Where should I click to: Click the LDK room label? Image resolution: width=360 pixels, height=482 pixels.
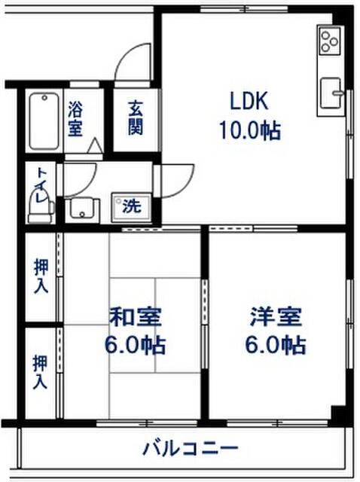pyautogui.click(x=249, y=102)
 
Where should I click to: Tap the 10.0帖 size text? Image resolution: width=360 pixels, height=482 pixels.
pyautogui.click(x=249, y=131)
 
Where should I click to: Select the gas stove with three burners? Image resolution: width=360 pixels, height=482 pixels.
pyautogui.click(x=330, y=41)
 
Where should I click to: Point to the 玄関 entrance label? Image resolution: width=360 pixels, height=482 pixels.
pyautogui.click(x=135, y=117)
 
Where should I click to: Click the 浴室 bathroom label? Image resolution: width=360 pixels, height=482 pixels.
pyautogui.click(x=75, y=117)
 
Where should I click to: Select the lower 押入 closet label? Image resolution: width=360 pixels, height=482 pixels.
pyautogui.click(x=40, y=372)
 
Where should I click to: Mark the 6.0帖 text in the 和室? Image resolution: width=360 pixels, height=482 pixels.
pyautogui.click(x=135, y=346)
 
